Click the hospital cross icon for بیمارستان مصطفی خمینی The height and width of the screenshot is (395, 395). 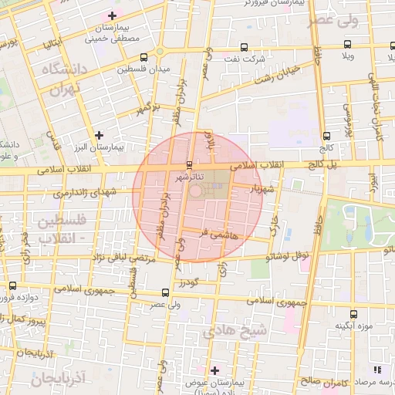tap(113, 15)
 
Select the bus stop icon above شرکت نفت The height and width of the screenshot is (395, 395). tap(245, 47)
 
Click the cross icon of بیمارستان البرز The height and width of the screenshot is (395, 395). tap(99, 135)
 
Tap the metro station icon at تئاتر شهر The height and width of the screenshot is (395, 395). tap(190, 164)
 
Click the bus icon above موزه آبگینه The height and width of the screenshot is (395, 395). tap(353, 314)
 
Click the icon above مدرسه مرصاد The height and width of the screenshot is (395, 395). tap(377, 370)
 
